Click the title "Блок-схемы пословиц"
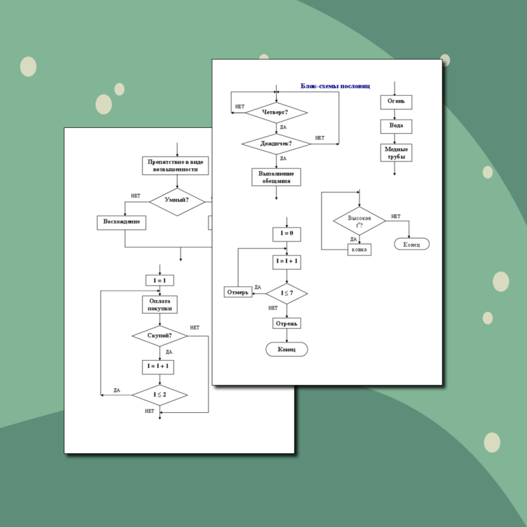pyautogui.click(x=335, y=86)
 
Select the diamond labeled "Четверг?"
pyautogui.click(x=275, y=112)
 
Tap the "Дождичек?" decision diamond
pyautogui.click(x=276, y=144)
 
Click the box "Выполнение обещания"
pyautogui.click(x=275, y=177)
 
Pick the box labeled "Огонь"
pyautogui.click(x=396, y=102)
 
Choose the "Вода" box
pyautogui.click(x=396, y=126)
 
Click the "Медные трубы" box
pyautogui.click(x=396, y=152)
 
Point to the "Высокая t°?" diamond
pyautogui.click(x=359, y=221)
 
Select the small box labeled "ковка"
pyautogui.click(x=359, y=249)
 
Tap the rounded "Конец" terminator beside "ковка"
pyautogui.click(x=411, y=244)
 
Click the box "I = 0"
pyautogui.click(x=286, y=234)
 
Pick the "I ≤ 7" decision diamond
pyautogui.click(x=286, y=293)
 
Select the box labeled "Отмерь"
pyautogui.click(x=238, y=293)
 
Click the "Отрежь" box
pyautogui.click(x=286, y=323)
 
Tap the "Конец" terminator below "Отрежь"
pyautogui.click(x=286, y=349)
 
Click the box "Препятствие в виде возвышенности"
pyautogui.click(x=176, y=165)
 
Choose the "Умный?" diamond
pyautogui.click(x=177, y=201)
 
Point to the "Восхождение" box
pyautogui.click(x=122, y=222)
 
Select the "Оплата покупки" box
pyautogui.click(x=160, y=304)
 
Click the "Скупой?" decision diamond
pyautogui.click(x=159, y=336)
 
